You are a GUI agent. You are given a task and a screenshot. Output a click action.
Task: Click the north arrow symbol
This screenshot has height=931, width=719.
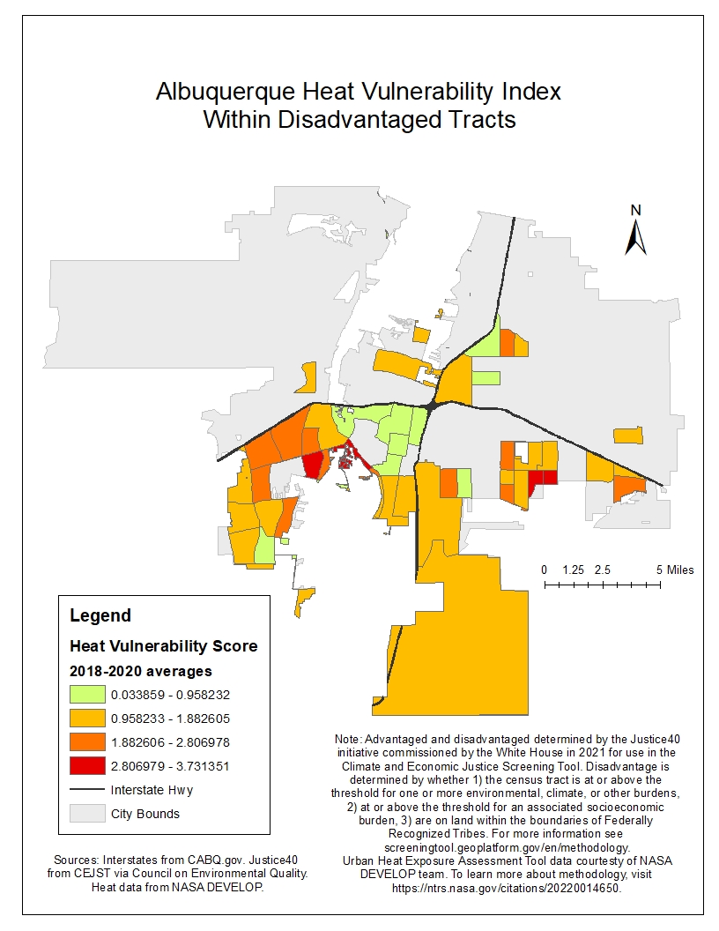(636, 236)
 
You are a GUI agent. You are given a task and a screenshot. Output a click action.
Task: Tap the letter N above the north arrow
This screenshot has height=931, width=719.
(636, 210)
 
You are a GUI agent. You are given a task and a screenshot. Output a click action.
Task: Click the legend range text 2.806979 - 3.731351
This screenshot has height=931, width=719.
(170, 766)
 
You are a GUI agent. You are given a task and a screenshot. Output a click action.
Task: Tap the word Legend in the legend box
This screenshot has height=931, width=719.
(100, 615)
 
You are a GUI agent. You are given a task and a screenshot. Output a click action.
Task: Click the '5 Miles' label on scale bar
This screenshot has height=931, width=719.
(675, 570)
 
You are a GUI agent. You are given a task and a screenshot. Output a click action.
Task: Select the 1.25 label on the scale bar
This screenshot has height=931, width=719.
(574, 570)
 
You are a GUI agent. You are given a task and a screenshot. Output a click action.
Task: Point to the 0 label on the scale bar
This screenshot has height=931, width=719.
(545, 570)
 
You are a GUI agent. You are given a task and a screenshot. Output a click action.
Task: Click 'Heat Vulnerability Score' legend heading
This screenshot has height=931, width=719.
(164, 646)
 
